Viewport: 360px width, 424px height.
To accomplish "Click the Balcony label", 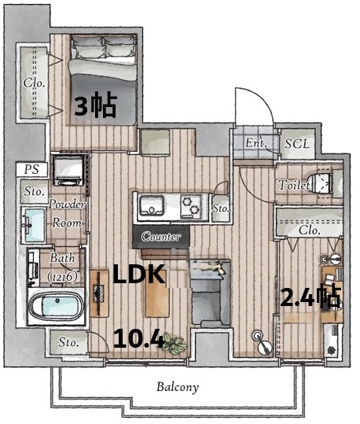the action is tap(178, 387).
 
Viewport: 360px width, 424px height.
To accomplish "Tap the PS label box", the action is tap(32, 170).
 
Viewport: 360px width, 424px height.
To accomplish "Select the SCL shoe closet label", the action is tap(297, 144).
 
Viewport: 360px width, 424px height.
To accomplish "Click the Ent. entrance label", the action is tap(255, 142).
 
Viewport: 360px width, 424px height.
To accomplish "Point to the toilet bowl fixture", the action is tap(320, 184).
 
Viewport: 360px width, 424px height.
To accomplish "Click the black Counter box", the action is tap(161, 237).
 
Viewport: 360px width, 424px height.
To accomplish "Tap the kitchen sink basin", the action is tap(152, 205).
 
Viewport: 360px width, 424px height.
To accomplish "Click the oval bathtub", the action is tap(56, 306).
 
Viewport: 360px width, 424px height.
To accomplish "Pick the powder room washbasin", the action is tap(33, 225).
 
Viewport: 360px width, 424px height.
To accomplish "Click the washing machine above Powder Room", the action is tap(68, 171).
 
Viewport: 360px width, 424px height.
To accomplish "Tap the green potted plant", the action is tap(174, 344).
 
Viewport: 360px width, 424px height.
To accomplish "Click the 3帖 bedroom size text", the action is tap(95, 105).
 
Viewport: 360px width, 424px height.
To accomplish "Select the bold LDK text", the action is tap(139, 275).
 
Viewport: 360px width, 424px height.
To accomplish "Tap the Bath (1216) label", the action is tap(62, 267).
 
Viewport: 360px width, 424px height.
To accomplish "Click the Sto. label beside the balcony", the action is tap(68, 343).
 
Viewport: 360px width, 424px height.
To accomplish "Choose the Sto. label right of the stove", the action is tap(221, 208).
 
